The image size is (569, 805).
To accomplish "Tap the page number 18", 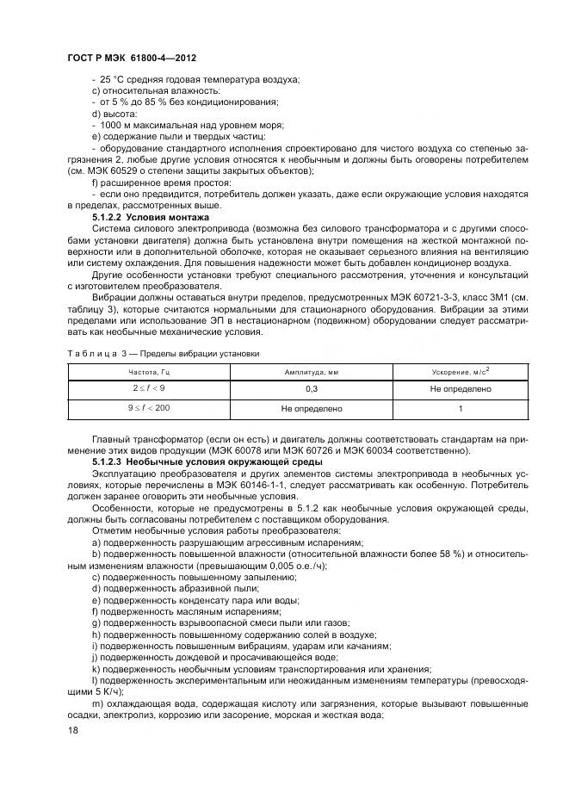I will coord(72,729).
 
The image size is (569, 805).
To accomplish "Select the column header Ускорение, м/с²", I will coord(461,371).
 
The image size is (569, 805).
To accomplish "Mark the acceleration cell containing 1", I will coord(461,408).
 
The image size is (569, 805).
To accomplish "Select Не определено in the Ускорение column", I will coord(461,389).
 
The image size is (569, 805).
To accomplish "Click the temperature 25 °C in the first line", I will coord(113,80).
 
